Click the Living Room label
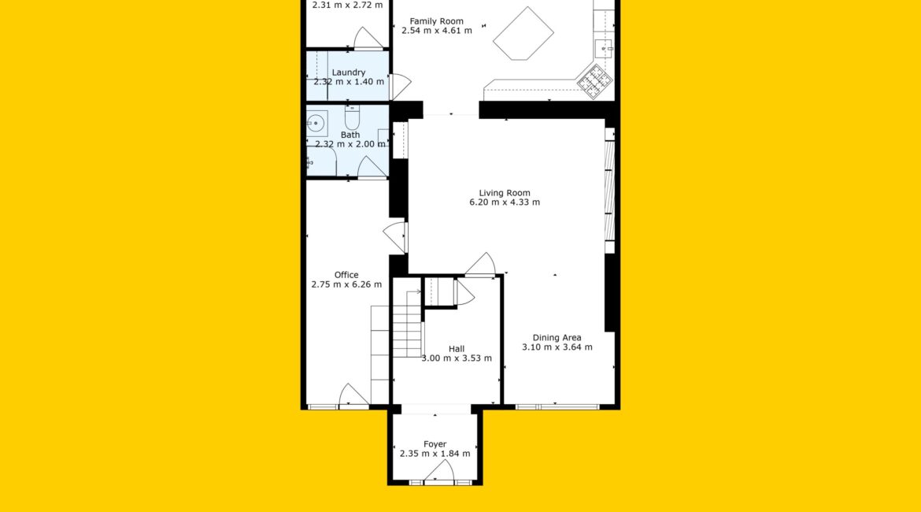point(505,193)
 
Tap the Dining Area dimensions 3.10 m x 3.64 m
point(557,347)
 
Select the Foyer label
point(435,444)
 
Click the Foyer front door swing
point(440,471)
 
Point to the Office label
point(346,275)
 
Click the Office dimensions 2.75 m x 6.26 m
point(346,284)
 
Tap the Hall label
point(457,349)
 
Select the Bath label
point(350,135)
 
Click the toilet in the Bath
point(352,117)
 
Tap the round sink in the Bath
point(316,123)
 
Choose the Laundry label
point(348,72)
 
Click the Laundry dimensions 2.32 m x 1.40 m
point(349,82)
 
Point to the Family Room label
point(436,21)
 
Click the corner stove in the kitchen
point(594,81)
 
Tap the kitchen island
point(523,34)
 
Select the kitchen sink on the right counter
point(603,49)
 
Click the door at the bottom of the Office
point(353,395)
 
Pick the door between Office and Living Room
point(394,236)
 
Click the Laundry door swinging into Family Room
point(400,87)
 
